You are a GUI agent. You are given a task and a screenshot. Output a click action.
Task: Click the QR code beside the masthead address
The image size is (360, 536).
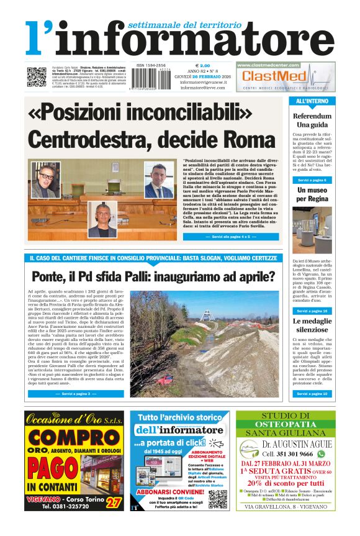(x=37, y=76)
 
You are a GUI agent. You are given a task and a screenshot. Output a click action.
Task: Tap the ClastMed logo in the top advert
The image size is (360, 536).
(x=274, y=76)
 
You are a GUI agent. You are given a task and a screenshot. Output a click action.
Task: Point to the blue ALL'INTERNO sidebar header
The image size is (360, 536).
(x=312, y=101)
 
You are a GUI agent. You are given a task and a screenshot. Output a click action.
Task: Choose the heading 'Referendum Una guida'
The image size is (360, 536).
(x=312, y=120)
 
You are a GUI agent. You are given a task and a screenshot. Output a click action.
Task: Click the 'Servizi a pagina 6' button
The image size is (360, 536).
(x=312, y=180)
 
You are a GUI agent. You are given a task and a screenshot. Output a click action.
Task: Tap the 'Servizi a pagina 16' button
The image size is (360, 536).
(x=312, y=310)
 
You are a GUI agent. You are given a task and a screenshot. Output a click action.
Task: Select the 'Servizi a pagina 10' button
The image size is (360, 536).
(x=312, y=394)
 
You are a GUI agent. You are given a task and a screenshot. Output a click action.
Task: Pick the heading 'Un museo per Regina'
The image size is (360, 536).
(x=312, y=194)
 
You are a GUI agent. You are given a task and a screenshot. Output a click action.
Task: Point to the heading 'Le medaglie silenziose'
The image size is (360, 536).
(x=312, y=325)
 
